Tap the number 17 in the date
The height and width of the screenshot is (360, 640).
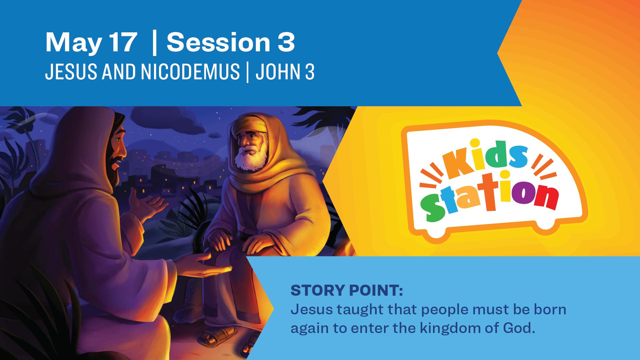123,42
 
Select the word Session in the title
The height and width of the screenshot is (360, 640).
218,42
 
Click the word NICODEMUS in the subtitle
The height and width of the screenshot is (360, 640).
190,72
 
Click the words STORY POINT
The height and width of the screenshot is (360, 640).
347,290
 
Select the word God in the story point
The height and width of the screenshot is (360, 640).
519,328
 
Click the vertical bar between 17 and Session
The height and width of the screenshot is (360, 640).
154,43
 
